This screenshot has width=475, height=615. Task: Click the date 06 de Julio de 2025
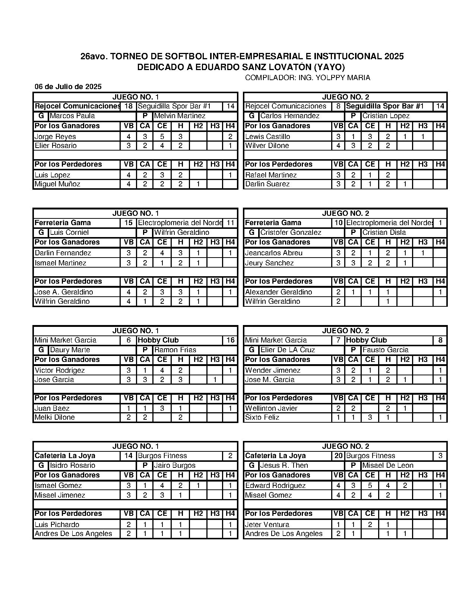pos(68,87)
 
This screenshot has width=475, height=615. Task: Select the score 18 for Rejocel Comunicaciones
pos(129,106)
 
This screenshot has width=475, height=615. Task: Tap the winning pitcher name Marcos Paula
pos(72,116)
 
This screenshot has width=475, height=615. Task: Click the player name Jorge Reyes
pos(55,136)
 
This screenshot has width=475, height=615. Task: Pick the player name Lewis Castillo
pos(267,136)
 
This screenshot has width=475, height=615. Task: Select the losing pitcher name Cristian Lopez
pos(386,116)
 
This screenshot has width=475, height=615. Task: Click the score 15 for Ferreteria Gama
pos(129,223)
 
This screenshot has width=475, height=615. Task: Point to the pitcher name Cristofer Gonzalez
pos(291,233)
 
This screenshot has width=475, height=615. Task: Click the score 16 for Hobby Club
pos(230,340)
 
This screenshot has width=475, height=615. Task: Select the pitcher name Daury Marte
pos(70,350)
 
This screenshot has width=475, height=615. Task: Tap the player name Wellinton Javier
pos(271,408)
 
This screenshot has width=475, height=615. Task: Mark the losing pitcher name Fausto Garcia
pos(385,350)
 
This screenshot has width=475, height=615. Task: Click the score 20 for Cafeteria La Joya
pos(338,456)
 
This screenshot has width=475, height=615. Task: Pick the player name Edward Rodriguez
pos(275,485)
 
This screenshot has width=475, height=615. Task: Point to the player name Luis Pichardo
pos(57,524)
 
